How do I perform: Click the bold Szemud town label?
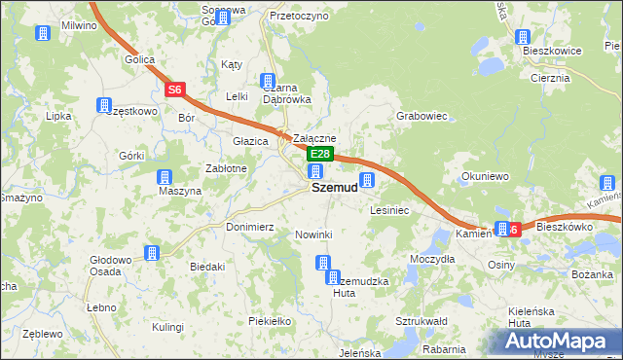click(334, 188)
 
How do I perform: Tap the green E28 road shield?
click(321, 155)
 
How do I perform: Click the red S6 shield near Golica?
click(175, 90)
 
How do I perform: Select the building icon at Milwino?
click(43, 34)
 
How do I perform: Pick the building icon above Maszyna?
click(165, 177)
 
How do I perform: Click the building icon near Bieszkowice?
click(521, 38)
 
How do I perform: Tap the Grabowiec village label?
click(421, 116)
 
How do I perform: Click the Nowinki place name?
click(313, 234)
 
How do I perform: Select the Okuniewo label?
click(485, 177)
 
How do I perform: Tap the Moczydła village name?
click(432, 260)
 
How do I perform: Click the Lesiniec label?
click(389, 209)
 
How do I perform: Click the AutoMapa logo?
click(559, 342)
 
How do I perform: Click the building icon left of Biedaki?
click(152, 253)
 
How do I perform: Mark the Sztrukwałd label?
click(421, 320)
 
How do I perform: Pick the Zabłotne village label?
click(225, 168)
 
